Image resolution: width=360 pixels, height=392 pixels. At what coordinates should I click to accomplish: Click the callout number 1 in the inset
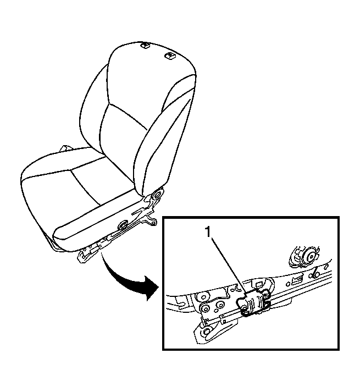click(x=208, y=233)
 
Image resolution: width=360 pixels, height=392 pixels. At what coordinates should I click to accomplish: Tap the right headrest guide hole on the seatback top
click(x=170, y=57)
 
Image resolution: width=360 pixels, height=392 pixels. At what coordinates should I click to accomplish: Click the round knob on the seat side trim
click(x=123, y=225)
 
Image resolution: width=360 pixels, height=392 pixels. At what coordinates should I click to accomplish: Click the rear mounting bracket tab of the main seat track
click(x=152, y=221)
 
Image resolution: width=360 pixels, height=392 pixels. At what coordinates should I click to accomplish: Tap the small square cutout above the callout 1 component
click(x=258, y=284)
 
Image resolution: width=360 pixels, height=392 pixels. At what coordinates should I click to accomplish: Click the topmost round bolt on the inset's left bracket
click(x=202, y=297)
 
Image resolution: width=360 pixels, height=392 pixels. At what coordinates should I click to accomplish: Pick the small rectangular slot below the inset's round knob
click(x=297, y=279)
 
